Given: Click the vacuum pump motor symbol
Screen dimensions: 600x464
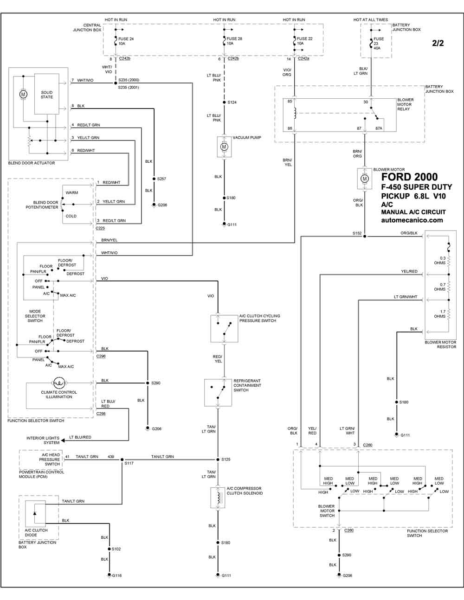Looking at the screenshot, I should coord(224,147).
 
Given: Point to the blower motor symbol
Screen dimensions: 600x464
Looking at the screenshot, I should coord(365,179).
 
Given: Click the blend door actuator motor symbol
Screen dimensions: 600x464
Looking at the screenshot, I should coord(23,94).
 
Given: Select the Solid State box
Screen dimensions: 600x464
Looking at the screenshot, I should coord(47,95).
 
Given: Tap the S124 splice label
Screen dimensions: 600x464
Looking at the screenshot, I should coord(232,102).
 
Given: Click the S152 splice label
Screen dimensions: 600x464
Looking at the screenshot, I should coord(356,233).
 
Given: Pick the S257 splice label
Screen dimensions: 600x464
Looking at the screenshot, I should coord(161,179).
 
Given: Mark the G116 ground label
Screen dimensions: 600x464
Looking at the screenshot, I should coord(116,575).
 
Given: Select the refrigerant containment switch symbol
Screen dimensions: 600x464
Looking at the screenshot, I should coord(218,392).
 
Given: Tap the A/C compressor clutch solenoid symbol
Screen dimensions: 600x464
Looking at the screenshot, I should coord(218,498).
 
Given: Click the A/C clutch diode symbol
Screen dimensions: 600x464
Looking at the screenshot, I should coord(35,515).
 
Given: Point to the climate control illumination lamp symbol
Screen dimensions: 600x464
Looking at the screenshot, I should coord(59,383).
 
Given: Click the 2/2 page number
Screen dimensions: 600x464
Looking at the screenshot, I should coord(438,44).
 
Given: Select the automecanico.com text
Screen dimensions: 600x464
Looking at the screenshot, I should coord(412,220).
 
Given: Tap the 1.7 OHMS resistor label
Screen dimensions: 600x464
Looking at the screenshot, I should coord(440,314).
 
